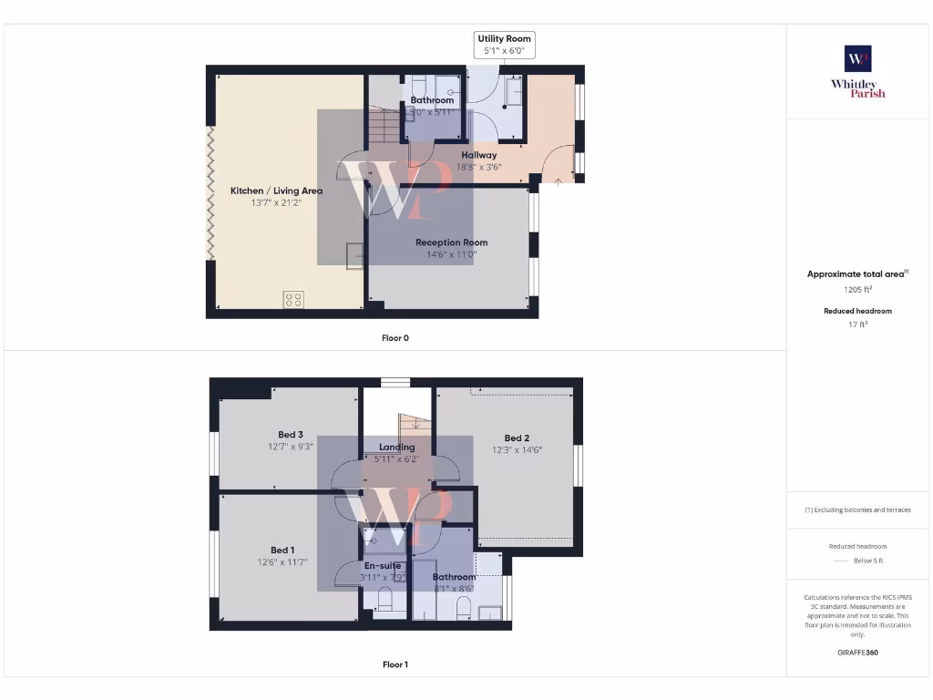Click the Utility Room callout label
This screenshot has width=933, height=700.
point(504,39)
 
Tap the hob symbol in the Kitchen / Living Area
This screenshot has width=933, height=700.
point(293,299)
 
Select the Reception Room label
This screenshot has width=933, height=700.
point(451,242)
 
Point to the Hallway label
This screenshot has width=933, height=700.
point(478,155)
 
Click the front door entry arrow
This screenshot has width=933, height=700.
point(558,182)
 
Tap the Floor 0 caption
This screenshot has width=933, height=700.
point(395,338)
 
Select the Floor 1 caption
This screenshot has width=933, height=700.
point(395,664)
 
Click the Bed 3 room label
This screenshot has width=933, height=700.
point(291,435)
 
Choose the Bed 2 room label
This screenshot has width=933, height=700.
point(517,437)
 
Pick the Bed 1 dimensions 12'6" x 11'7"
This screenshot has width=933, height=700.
point(282,562)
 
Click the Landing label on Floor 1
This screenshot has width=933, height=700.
point(396,447)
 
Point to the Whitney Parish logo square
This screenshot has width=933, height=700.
point(857,59)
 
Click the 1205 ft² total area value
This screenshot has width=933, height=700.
point(857,289)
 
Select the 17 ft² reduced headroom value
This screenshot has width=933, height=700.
point(857,324)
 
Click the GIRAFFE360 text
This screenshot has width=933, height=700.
point(857,653)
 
